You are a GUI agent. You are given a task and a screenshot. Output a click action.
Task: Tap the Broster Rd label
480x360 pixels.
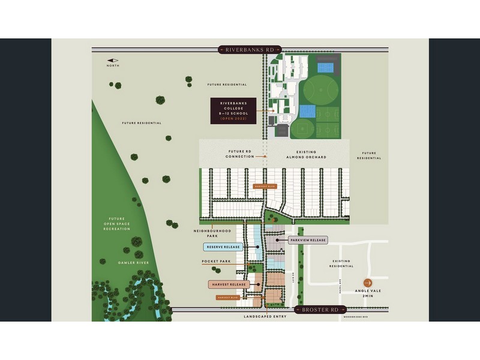321,310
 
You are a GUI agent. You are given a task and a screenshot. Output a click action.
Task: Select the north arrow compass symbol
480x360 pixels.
113,60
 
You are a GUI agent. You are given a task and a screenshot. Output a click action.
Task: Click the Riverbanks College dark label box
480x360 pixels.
233,111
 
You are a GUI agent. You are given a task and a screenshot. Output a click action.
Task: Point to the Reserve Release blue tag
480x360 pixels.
223,247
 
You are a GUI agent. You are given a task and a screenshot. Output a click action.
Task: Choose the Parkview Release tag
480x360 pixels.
308,240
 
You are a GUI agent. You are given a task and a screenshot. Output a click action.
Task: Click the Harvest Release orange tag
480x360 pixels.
228,284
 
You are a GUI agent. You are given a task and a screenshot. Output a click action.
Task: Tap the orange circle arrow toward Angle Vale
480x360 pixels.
367,283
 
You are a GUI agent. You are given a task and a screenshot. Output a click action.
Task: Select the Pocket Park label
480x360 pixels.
217,262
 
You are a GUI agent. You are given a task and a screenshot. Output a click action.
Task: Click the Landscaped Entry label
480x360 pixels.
263,316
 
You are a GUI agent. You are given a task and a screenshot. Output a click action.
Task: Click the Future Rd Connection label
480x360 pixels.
240,154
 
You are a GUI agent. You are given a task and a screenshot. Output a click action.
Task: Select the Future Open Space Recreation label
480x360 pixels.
116,224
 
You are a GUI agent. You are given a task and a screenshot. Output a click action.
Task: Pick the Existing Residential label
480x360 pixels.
341,263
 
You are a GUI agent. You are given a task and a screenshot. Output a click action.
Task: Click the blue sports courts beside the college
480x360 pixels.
307,112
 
